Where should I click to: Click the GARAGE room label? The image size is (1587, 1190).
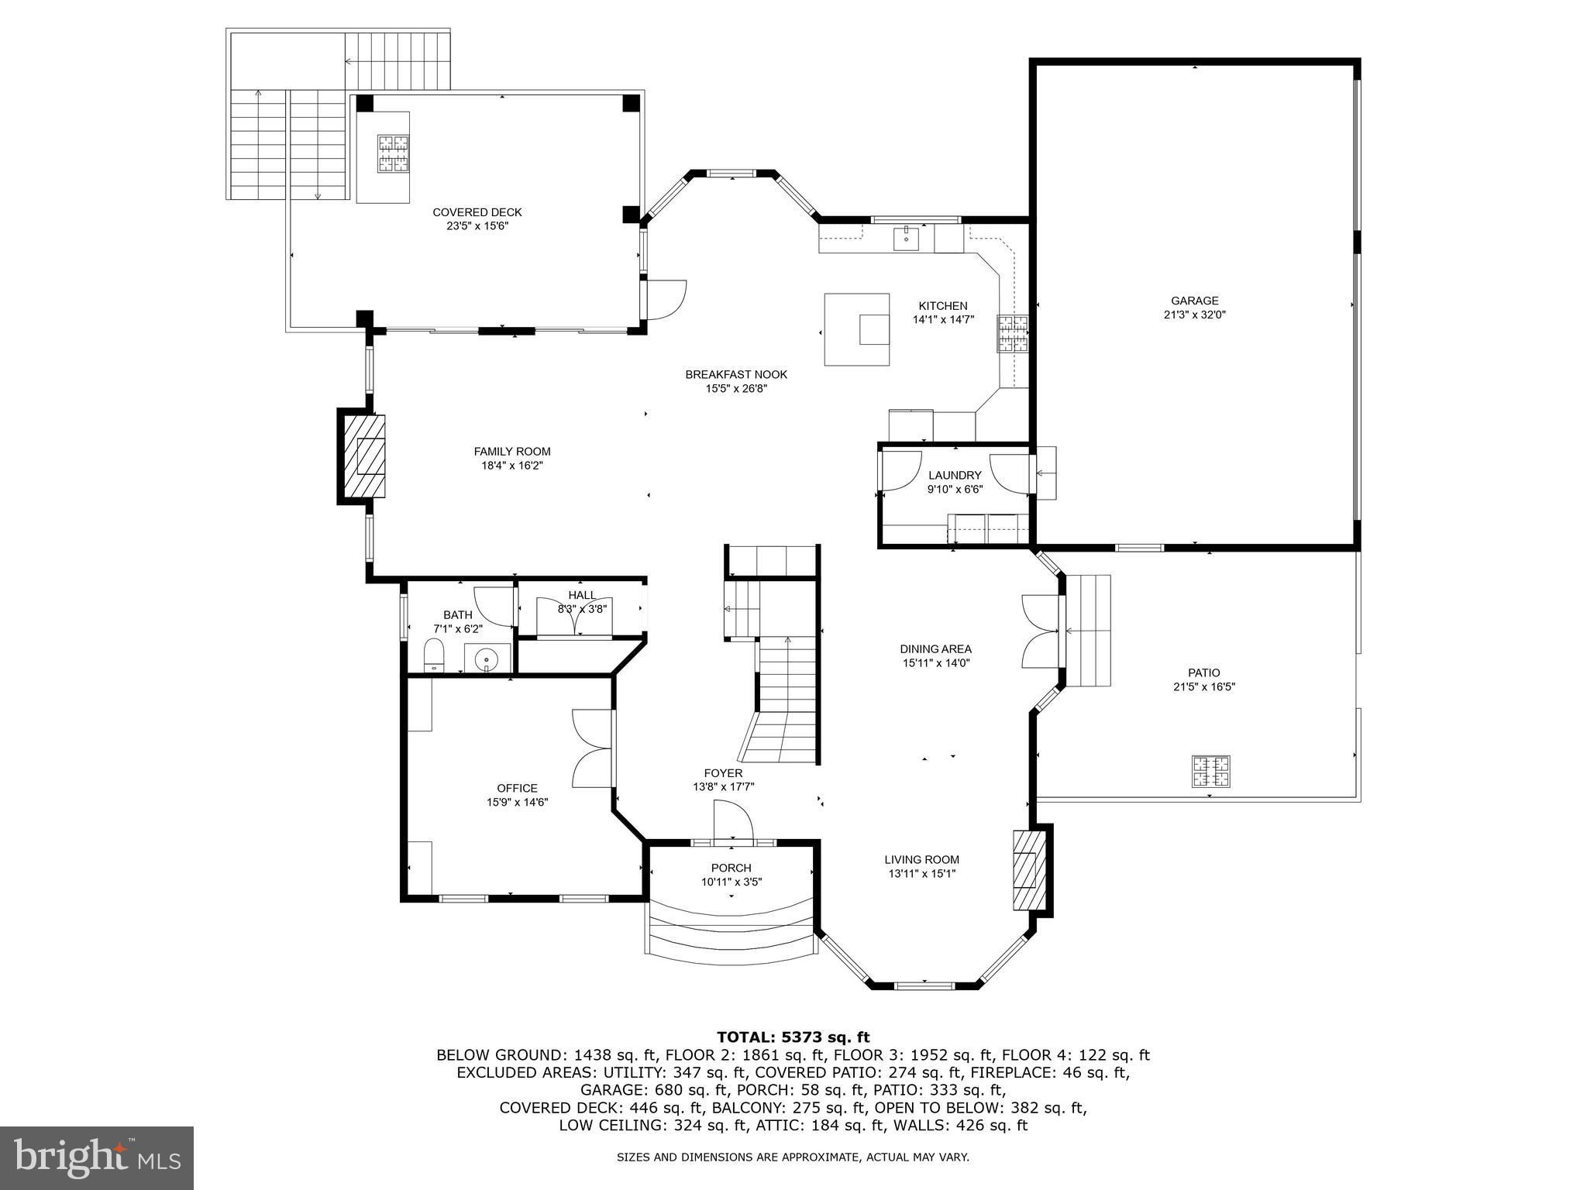(1194, 301)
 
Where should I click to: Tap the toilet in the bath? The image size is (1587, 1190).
(434, 655)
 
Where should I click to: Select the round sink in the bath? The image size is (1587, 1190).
(487, 659)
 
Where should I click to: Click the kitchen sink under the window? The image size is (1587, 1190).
(906, 239)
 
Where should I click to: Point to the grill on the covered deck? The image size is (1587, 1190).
(394, 153)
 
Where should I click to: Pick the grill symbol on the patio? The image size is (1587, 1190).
(1210, 772)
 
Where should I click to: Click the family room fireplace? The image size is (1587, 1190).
(363, 456)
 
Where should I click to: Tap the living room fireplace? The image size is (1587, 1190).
(1030, 869)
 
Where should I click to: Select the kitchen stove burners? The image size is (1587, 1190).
(1012, 333)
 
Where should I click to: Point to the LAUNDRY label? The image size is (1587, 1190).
(955, 475)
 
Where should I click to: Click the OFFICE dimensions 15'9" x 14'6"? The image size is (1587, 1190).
(518, 803)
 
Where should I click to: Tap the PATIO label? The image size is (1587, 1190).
(1203, 672)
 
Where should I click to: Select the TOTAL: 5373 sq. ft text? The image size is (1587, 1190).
(793, 1037)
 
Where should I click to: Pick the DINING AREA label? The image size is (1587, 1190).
(935, 649)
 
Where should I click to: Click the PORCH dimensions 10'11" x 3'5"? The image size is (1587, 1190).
(732, 882)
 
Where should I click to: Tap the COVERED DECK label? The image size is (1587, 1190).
(477, 212)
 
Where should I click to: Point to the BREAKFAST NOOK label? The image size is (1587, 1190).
(736, 374)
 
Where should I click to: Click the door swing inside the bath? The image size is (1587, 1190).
(494, 607)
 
